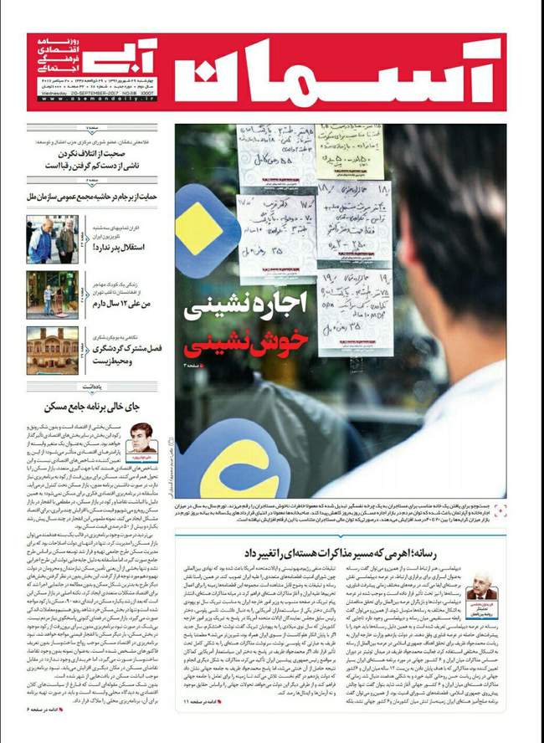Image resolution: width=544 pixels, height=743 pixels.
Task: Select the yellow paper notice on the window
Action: pos(350,151)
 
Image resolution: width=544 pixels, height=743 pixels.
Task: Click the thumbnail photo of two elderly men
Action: pos(51,239)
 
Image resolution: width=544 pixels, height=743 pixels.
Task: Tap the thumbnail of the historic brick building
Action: pos(51,350)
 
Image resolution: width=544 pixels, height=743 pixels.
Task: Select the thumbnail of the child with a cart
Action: pos(51,295)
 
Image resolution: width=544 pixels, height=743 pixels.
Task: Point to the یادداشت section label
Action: pos(93,386)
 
